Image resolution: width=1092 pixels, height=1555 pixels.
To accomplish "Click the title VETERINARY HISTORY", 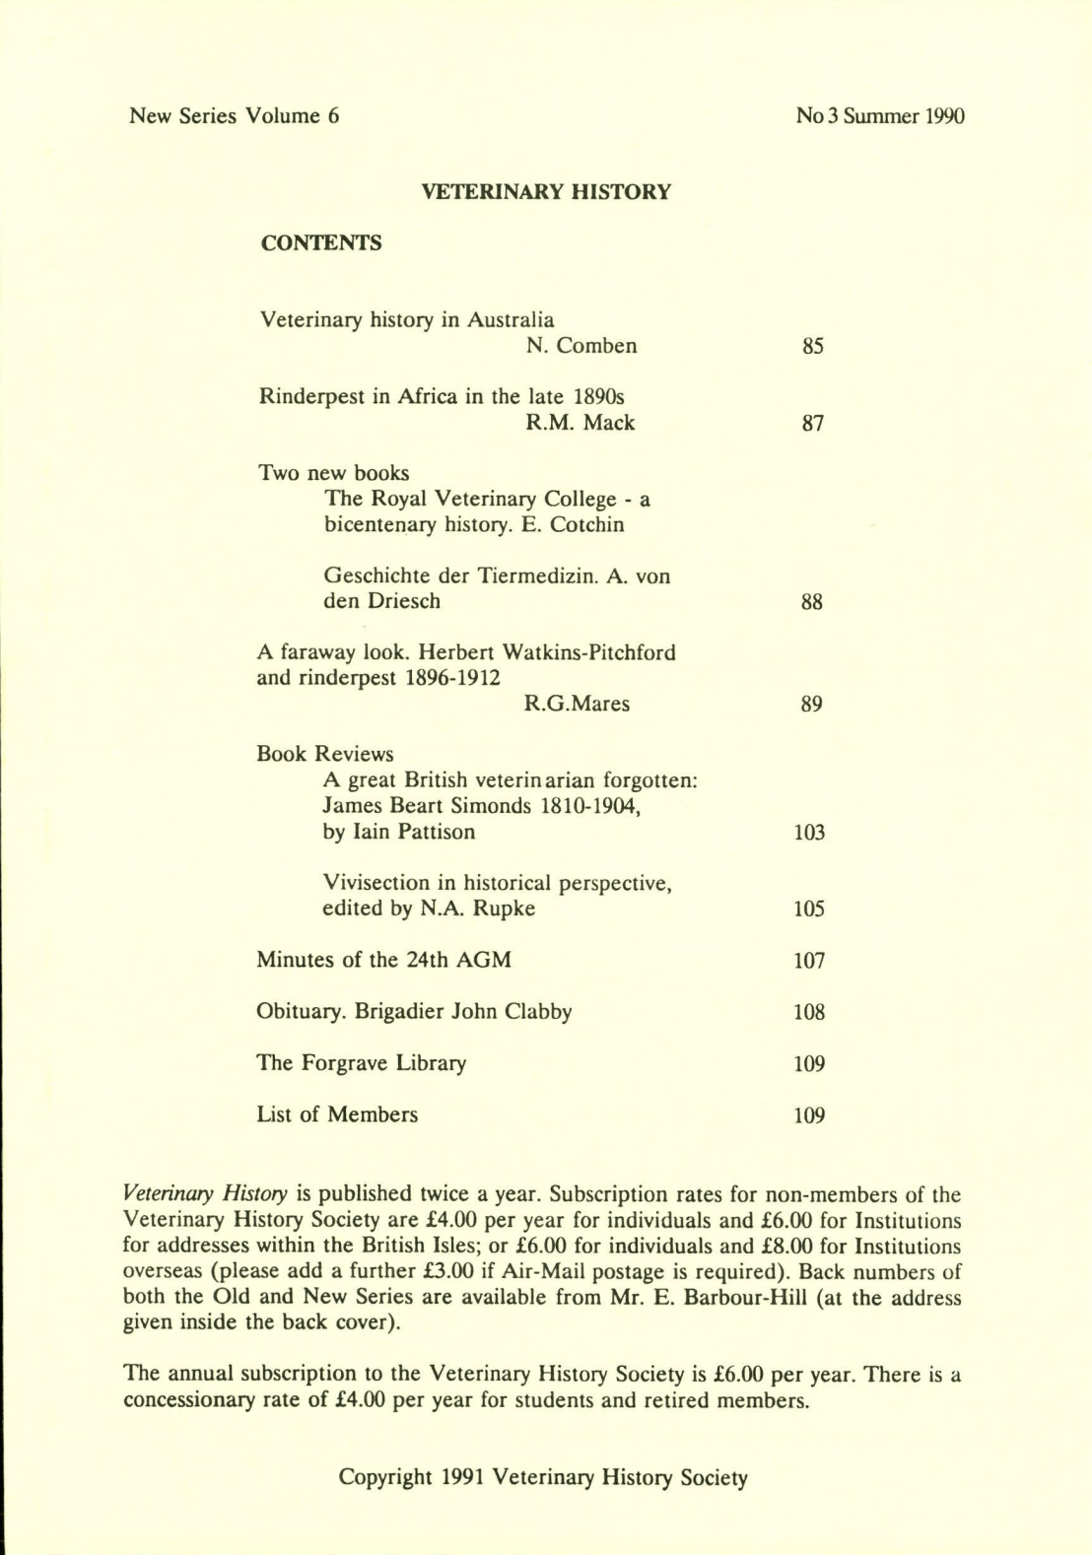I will [x=546, y=192].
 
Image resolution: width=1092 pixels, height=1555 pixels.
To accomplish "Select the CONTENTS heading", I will [x=320, y=243].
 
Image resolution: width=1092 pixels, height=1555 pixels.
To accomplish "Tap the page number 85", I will [x=812, y=347].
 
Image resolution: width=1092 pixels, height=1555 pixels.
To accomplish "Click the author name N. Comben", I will [x=581, y=346].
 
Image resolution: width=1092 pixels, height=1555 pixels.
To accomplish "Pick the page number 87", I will [x=812, y=424].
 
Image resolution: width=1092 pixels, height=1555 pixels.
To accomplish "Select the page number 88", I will [x=812, y=602].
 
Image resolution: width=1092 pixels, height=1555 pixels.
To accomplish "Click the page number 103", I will [x=809, y=833].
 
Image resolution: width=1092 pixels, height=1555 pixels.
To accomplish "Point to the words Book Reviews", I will [x=324, y=755].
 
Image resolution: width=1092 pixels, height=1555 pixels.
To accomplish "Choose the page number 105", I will [x=809, y=910].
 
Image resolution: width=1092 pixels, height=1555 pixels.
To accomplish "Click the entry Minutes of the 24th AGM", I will [x=383, y=960].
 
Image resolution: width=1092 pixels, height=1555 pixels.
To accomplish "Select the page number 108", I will [x=809, y=1012].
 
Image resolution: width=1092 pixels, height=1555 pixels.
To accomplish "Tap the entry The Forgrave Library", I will [x=361, y=1063].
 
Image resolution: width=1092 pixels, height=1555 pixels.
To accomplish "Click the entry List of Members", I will [x=337, y=1115].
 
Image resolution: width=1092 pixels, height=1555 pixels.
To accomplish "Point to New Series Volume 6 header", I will [x=235, y=116].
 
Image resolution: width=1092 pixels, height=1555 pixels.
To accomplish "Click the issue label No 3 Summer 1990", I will [x=880, y=116].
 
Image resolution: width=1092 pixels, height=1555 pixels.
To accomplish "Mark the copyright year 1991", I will [x=461, y=1477].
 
